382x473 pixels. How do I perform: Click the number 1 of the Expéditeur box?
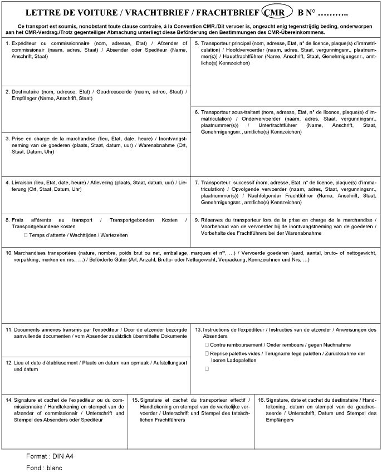[6, 43]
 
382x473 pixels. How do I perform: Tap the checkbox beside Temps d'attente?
[25, 235]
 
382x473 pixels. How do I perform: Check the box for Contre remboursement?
[207, 345]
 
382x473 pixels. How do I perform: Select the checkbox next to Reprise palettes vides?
[207, 353]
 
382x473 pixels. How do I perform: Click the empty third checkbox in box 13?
[207, 368]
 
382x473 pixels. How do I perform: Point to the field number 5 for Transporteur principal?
[197, 43]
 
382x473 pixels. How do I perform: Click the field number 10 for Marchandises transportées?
[8, 253]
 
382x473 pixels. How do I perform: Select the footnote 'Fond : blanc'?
[44, 467]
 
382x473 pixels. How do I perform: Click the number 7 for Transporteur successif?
[197, 182]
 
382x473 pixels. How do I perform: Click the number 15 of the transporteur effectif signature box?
[135, 400]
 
